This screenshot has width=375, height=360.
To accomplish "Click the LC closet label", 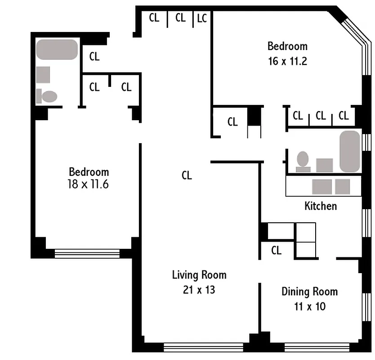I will (x=202, y=18).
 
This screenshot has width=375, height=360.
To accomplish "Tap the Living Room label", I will (x=199, y=274).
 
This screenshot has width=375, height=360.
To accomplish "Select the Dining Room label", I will (x=309, y=291).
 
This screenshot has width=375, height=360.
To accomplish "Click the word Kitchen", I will (x=321, y=206).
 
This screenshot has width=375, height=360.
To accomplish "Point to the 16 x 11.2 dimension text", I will (x=287, y=61).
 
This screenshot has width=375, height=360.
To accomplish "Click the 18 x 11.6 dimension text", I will (x=89, y=184).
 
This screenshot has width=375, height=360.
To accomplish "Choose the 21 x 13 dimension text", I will (x=199, y=290).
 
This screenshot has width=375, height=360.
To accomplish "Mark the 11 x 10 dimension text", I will (x=309, y=306).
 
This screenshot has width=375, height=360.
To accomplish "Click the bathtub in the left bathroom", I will (x=57, y=49).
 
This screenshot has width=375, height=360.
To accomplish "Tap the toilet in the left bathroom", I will (x=47, y=96).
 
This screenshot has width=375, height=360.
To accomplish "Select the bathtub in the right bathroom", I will (x=350, y=151).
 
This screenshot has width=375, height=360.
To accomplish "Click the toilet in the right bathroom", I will (x=303, y=161).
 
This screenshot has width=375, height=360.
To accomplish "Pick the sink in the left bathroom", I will (x=43, y=75).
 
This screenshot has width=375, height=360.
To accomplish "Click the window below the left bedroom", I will (x=87, y=254).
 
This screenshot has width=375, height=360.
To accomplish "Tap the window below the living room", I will (x=203, y=347).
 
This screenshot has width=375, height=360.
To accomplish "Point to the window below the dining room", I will (x=317, y=347).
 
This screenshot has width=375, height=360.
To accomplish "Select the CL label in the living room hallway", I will (x=187, y=175).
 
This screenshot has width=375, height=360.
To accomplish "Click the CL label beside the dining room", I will (x=276, y=250).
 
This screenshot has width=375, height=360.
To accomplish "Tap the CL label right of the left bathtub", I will (x=94, y=57).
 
